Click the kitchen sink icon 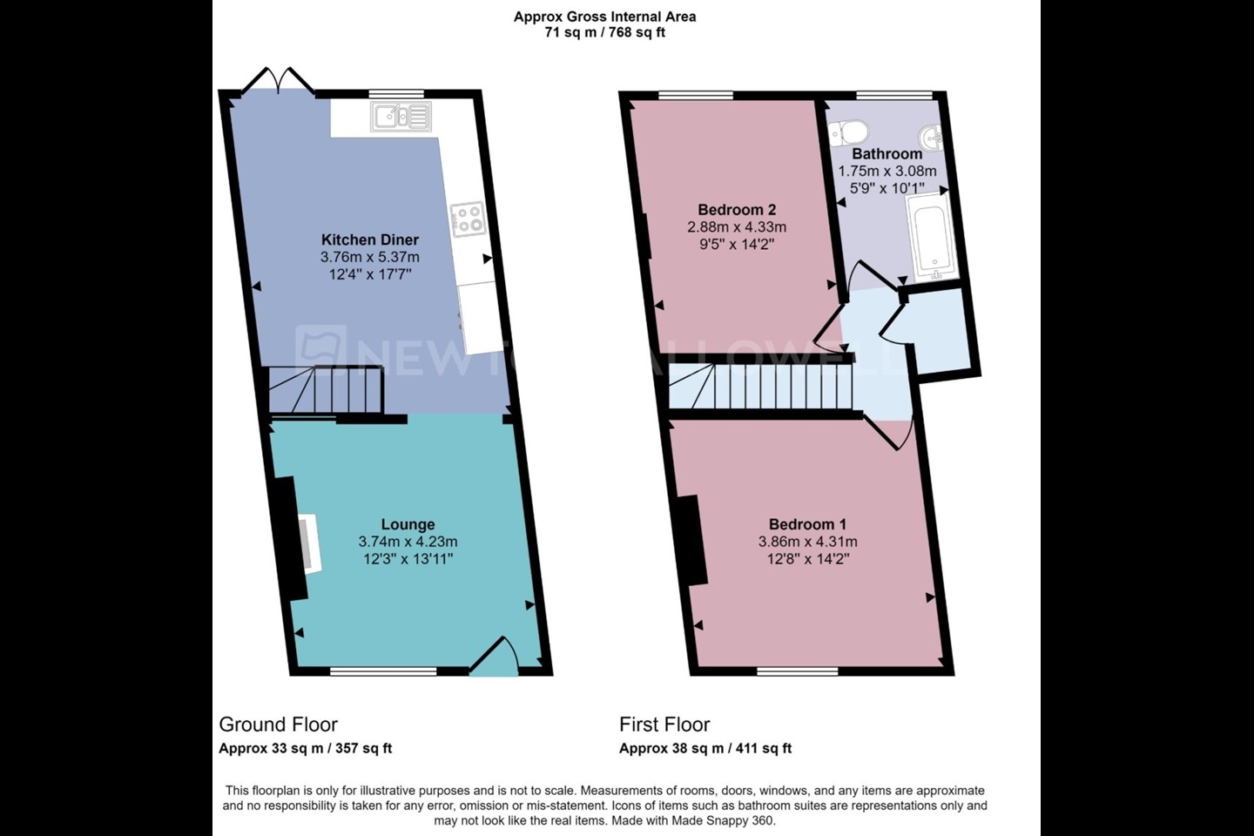tap(401, 117)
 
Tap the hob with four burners tap(468, 219)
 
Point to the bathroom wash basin tap(932, 138)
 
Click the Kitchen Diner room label tap(369, 239)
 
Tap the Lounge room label tap(408, 524)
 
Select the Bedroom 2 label tap(737, 209)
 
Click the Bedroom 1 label tap(807, 524)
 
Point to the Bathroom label tap(887, 153)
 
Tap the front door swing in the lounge tap(494, 656)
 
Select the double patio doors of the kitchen tap(279, 80)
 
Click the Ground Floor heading tap(279, 725)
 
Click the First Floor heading tap(664, 725)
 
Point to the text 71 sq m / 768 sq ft tap(604, 32)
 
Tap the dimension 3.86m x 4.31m tap(807, 542)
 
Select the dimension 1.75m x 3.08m tap(887, 171)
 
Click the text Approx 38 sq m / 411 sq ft tap(705, 748)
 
